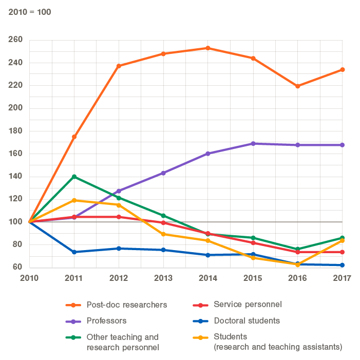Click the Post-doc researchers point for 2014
(x=208, y=48)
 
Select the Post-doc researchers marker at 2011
(x=74, y=137)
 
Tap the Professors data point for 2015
(x=253, y=144)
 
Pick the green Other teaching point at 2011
(x=74, y=177)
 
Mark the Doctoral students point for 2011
(x=74, y=252)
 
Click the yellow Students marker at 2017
(x=342, y=241)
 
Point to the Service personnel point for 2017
(x=342, y=252)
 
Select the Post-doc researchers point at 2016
(x=297, y=86)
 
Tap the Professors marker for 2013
(x=163, y=173)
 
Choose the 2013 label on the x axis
(x=163, y=278)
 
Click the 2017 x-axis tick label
(x=342, y=278)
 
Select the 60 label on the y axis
(x=16, y=267)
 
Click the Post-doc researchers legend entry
(x=127, y=305)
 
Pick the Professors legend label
(x=106, y=321)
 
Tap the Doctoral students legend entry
(x=247, y=321)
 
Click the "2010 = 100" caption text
(x=30, y=11)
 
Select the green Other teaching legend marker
(x=74, y=337)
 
